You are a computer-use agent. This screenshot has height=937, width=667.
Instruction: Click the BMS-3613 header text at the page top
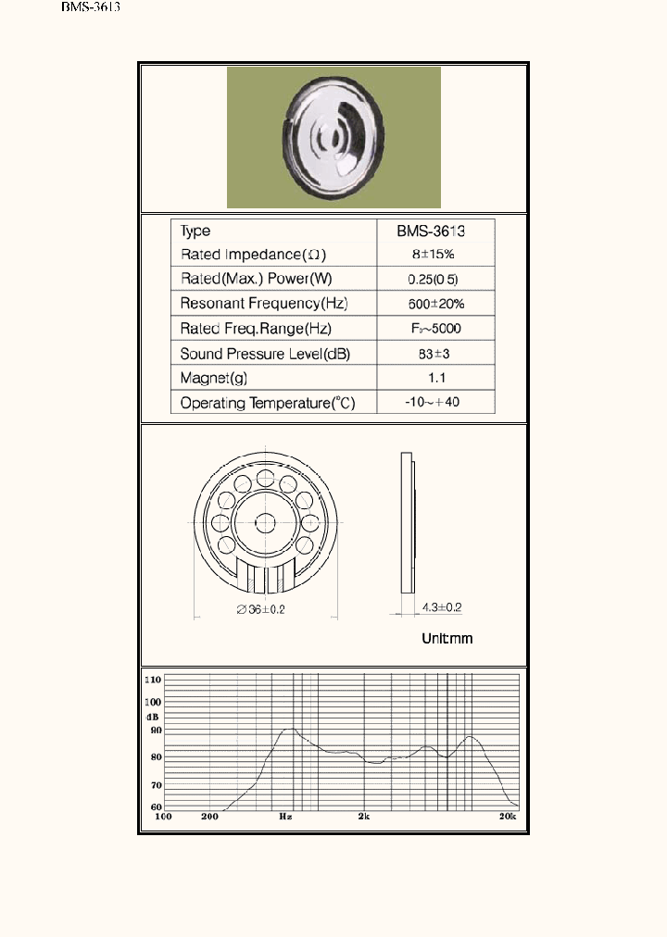(x=91, y=7)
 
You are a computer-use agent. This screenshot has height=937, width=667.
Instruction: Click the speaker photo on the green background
(x=333, y=138)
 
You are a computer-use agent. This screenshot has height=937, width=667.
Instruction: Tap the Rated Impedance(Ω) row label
(x=254, y=254)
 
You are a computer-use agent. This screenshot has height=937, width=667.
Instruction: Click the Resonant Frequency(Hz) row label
(x=264, y=304)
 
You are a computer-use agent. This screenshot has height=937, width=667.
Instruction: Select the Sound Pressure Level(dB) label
(x=265, y=354)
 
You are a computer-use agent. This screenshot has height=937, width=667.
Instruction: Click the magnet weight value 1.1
(x=434, y=378)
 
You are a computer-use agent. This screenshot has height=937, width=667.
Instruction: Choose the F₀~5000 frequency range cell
(x=434, y=329)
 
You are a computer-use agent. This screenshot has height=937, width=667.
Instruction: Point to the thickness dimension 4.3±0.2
(x=441, y=607)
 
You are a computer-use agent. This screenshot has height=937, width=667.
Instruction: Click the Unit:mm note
(x=447, y=639)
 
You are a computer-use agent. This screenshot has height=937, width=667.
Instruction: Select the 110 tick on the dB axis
(x=153, y=680)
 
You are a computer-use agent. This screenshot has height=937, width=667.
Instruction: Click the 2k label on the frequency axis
(x=364, y=817)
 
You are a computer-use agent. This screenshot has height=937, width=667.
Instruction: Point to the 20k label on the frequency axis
(x=508, y=817)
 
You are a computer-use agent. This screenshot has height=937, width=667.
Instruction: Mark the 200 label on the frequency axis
(x=209, y=817)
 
